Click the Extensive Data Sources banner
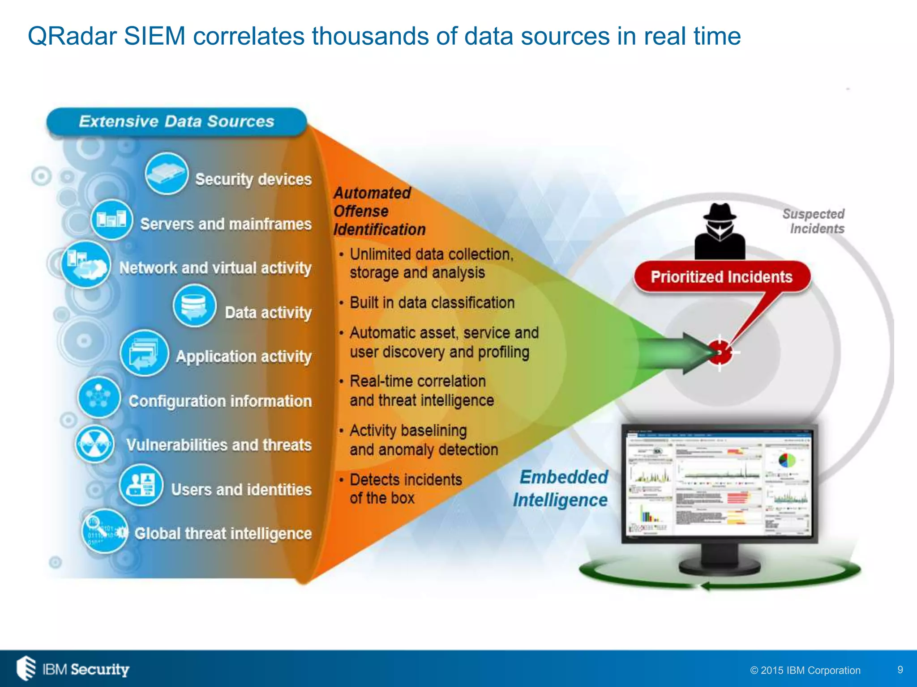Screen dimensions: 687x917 coord(176,122)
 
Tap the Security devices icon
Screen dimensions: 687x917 coord(166,174)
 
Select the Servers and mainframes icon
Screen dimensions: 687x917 coord(111,219)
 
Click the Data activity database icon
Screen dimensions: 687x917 coord(194,306)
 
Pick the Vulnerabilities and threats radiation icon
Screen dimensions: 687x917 coord(94,444)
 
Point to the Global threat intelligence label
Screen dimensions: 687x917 coord(223,534)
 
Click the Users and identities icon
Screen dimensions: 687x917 coord(141,485)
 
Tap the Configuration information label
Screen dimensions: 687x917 coord(220,401)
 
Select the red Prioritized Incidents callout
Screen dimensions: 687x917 coord(721,277)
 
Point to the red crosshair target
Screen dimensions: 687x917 coord(720,352)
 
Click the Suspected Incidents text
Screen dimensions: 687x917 coord(814,221)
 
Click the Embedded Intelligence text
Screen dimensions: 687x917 coord(561,488)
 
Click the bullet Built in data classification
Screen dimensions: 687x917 coord(432,303)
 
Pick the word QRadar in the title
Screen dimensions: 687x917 coord(72,36)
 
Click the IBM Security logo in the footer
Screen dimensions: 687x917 coord(73,669)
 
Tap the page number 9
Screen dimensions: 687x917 coord(900,670)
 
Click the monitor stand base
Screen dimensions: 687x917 coord(719,567)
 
